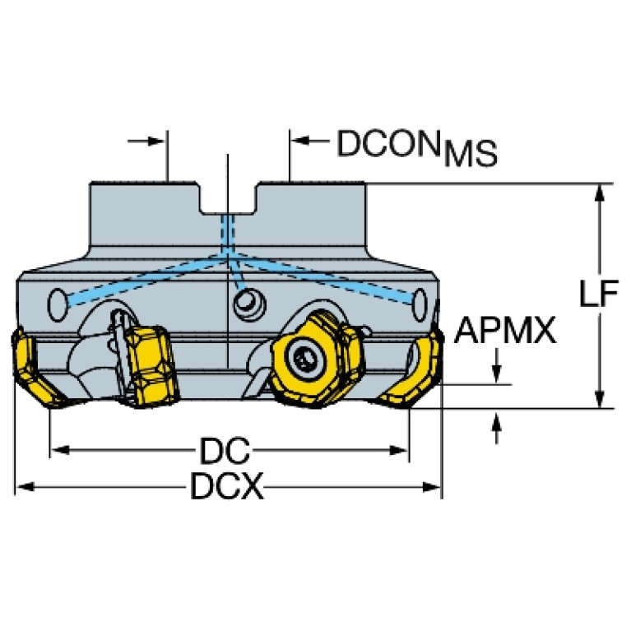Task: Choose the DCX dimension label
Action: (227, 488)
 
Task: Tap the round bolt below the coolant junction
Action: (244, 304)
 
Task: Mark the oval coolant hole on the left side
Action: (58, 304)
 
